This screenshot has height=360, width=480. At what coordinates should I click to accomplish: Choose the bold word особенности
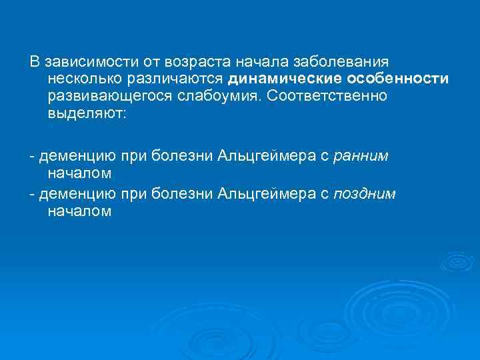pyautogui.click(x=398, y=79)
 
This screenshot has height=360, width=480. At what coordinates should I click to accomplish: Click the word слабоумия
pyautogui.click(x=222, y=96)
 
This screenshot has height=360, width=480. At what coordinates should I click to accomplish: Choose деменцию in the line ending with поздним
pyautogui.click(x=76, y=194)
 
